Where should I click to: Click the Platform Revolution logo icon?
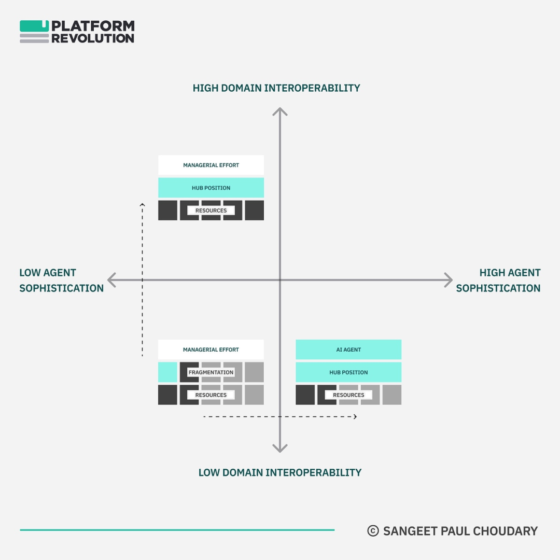[34, 32]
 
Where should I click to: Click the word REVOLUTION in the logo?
[93, 38]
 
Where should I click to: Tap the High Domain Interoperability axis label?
[276, 88]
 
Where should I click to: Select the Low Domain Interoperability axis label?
[280, 472]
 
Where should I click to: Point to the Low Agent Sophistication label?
[61, 280]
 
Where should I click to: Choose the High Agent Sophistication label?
[498, 280]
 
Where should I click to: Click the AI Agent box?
[348, 349]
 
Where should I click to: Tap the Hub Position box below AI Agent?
[348, 372]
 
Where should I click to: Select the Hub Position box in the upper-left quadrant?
[211, 188]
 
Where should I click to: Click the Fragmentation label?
[211, 372]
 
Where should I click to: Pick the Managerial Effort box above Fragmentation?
[211, 349]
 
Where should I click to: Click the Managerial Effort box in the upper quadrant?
[211, 165]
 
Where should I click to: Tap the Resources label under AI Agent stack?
[348, 395]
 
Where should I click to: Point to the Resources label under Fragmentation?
[211, 395]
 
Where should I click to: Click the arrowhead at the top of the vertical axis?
[280, 110]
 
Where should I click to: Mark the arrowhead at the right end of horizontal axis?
[449, 280]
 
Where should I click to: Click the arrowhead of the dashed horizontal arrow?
[355, 416]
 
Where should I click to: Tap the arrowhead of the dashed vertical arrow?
[142, 205]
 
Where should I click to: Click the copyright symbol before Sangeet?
[373, 530]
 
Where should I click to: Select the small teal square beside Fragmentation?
[167, 372]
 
